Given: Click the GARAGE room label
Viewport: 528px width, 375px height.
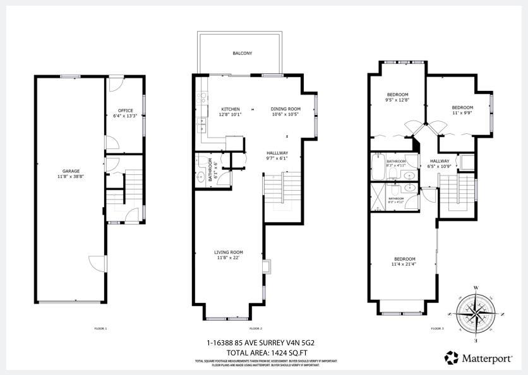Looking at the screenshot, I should click(x=71, y=171).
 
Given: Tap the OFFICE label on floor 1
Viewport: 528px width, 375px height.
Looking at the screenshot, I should click(x=125, y=110).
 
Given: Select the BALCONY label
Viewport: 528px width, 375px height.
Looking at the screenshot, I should click(x=243, y=54).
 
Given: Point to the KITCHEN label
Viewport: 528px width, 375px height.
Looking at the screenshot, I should click(x=230, y=109).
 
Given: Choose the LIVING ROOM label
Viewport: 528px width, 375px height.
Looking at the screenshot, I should click(x=229, y=252).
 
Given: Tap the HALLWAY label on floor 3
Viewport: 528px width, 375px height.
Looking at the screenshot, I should click(x=440, y=161).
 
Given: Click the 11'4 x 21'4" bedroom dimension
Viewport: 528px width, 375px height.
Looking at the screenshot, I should click(x=405, y=264).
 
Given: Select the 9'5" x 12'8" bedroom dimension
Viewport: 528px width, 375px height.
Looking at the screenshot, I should click(x=397, y=100).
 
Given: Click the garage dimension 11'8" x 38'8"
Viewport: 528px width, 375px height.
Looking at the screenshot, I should click(x=71, y=176).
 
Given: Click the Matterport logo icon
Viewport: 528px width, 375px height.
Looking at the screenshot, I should click(x=452, y=358).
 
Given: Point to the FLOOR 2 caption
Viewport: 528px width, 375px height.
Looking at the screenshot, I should click(x=255, y=329).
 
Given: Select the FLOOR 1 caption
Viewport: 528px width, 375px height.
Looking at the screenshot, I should click(x=101, y=329).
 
